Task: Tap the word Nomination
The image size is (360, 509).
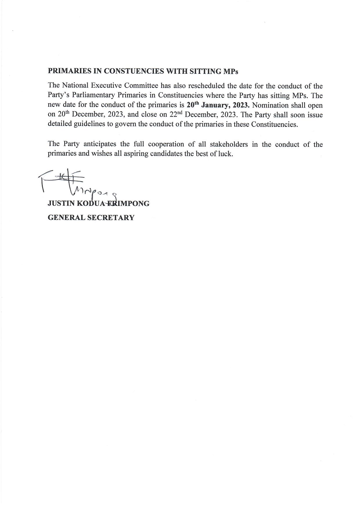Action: [271, 105]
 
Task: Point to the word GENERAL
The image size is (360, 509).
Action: [66, 217]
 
